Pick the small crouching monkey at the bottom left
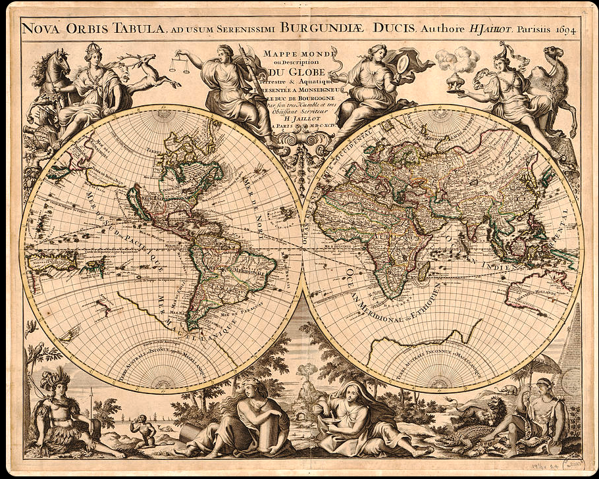[x=142, y=431]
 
